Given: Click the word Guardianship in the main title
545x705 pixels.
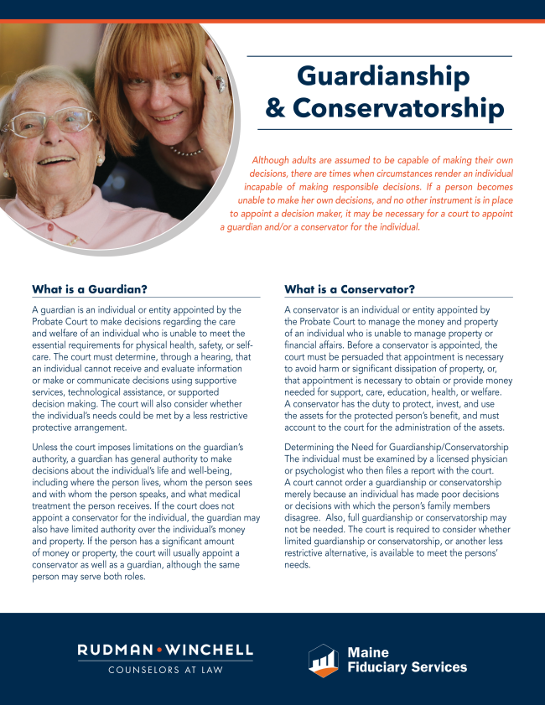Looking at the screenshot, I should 384,76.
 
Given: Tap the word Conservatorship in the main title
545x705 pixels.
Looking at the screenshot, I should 398,108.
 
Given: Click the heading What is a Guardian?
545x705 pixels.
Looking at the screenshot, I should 90,289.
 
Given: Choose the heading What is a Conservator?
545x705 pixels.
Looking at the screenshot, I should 350,289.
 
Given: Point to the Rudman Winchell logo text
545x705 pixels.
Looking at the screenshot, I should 165,650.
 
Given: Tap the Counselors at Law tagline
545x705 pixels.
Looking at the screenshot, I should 165,670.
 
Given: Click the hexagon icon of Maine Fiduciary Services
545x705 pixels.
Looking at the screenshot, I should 323,660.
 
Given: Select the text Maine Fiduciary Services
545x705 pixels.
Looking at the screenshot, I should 407,660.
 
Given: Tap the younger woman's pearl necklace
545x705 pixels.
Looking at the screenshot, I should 186,152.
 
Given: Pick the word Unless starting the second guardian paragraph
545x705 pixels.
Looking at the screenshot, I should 49,445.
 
